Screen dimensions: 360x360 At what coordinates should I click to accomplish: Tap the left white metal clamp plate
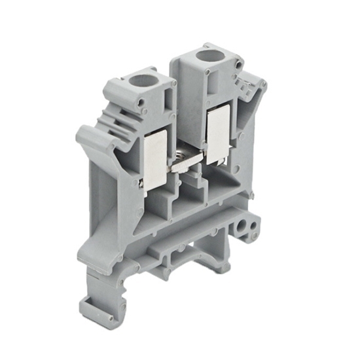(x=155, y=159)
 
